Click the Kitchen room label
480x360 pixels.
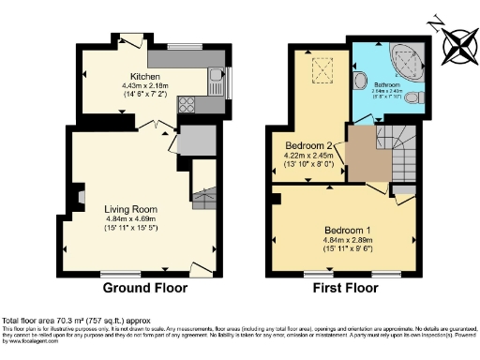tap(146, 76)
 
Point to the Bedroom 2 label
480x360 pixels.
tap(309, 146)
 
